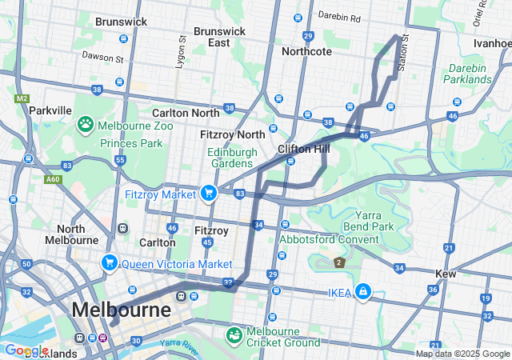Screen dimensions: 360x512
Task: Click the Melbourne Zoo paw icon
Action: tap(85, 125)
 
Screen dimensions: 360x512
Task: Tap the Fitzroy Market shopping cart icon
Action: tap(208, 193)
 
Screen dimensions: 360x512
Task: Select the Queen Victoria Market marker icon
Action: tap(109, 262)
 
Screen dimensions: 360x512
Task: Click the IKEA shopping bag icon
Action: tap(362, 291)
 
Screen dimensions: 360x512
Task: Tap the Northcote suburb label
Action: tap(306, 51)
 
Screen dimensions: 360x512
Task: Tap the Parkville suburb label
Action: tap(50, 110)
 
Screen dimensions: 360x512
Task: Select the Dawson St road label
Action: tap(102, 57)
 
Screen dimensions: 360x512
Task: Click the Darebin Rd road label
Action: tap(339, 16)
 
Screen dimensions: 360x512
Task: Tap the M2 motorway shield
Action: tap(20, 98)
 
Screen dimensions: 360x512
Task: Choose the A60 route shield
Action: tap(53, 179)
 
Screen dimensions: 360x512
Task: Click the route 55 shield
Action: tap(120, 160)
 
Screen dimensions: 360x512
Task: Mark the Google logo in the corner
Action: tap(27, 350)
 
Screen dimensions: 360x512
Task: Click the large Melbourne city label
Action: tap(121, 310)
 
